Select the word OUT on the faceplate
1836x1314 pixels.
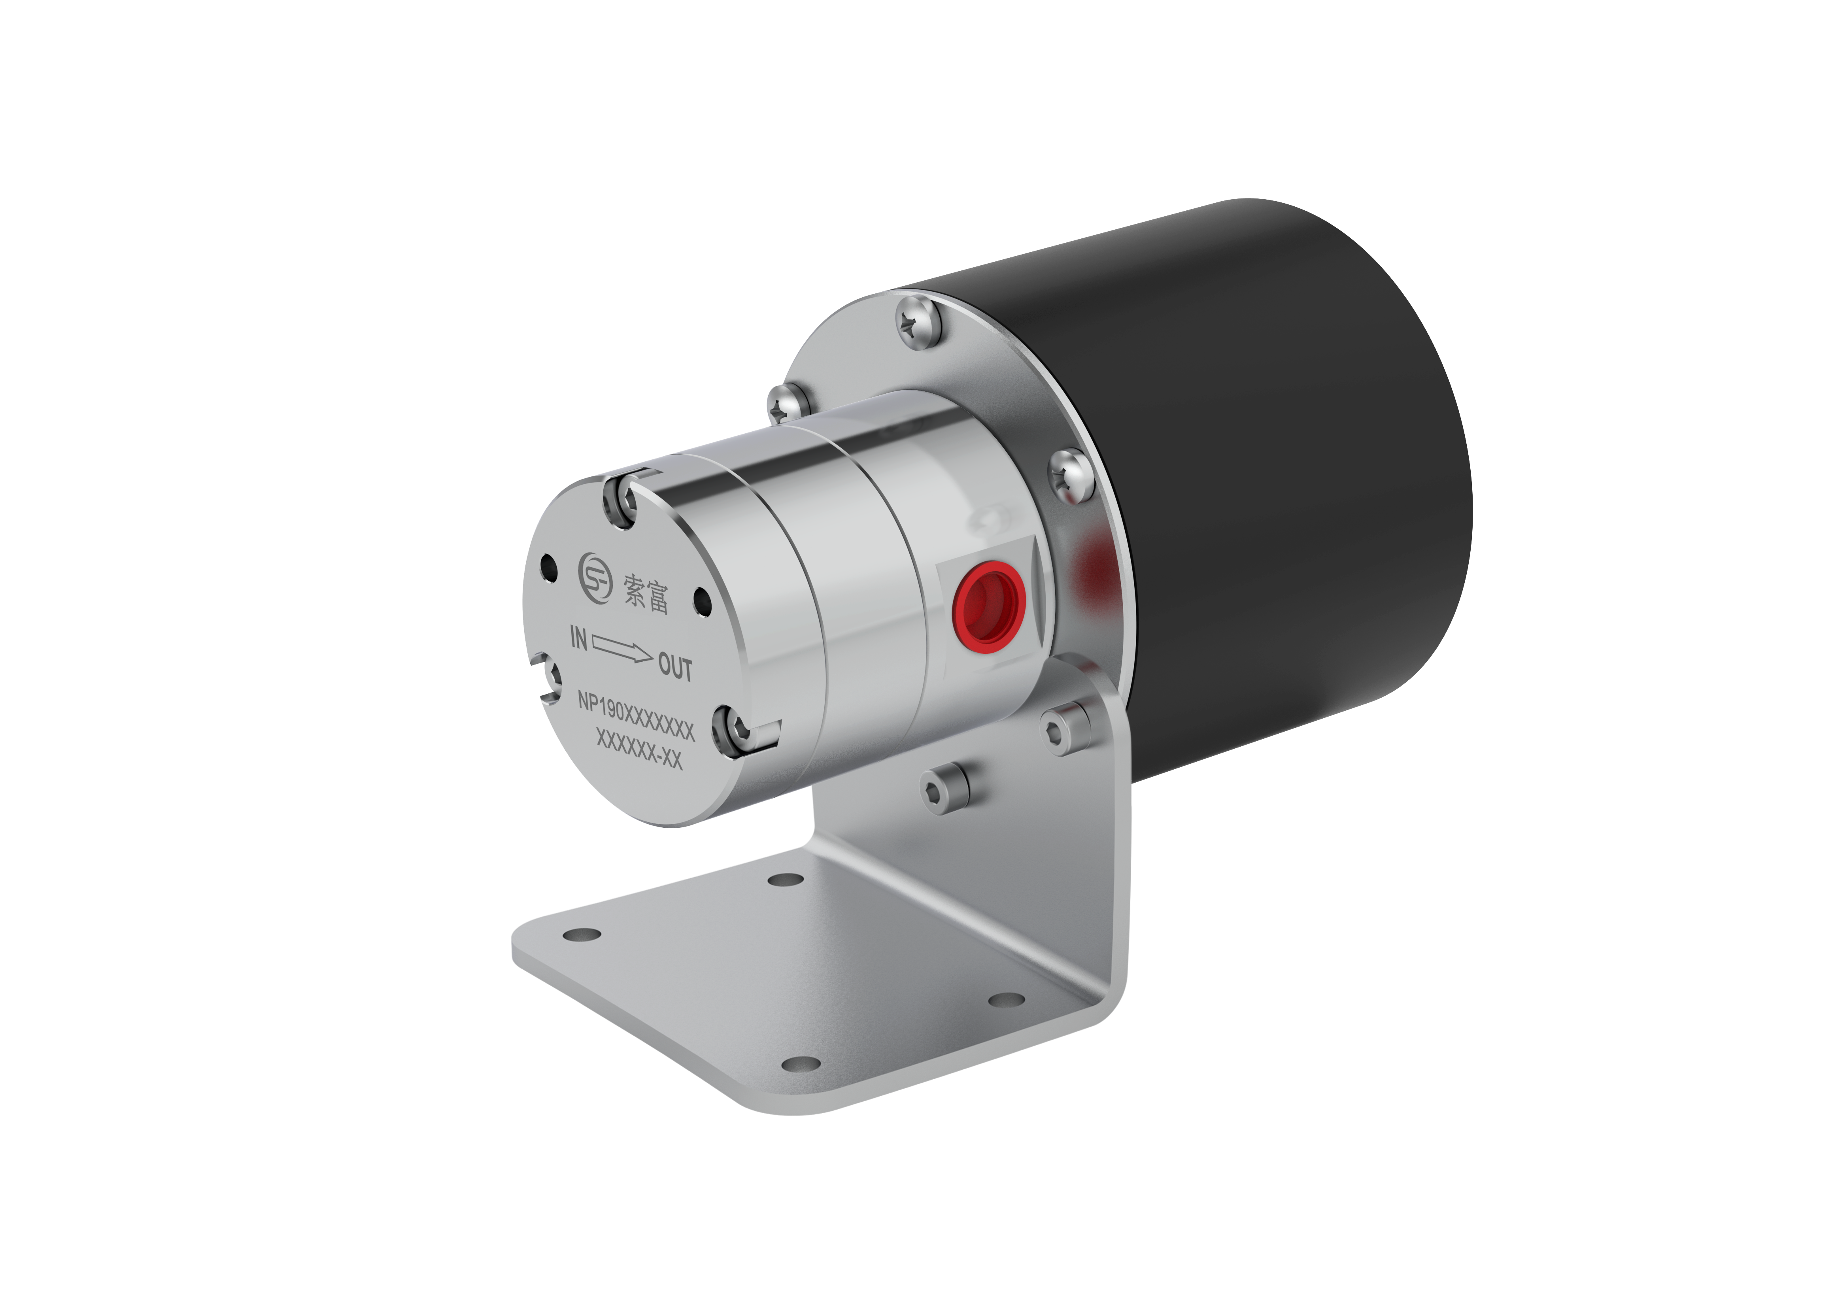(x=675, y=668)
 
